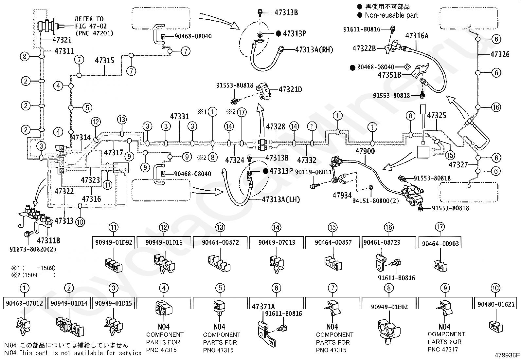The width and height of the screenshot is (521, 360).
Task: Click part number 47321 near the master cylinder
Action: click(x=62, y=40)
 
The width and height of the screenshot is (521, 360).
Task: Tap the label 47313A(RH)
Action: click(x=314, y=49)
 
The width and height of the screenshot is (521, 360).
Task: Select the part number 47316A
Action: click(x=417, y=36)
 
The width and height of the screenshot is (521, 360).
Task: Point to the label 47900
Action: click(x=365, y=151)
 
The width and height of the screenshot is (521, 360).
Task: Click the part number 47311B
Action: click(x=49, y=240)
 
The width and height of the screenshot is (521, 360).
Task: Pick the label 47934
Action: click(x=342, y=195)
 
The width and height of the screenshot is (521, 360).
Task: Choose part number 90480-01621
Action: click(x=496, y=304)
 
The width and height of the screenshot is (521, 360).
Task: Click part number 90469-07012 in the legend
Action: click(x=25, y=303)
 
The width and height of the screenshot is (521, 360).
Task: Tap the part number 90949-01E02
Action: click(x=389, y=307)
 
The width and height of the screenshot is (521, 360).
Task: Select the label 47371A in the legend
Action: click(x=263, y=307)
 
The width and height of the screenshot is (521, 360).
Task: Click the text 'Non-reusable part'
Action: click(x=391, y=15)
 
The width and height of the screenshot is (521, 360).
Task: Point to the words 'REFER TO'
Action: click(x=89, y=19)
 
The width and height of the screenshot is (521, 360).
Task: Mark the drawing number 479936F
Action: click(x=507, y=355)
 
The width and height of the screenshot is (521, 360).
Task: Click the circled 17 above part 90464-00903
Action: click(x=440, y=227)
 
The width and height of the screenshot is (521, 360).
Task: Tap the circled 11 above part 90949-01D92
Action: click(x=114, y=227)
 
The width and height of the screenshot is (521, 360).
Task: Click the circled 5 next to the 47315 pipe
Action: click(x=87, y=107)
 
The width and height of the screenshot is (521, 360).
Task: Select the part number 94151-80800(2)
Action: click(x=375, y=201)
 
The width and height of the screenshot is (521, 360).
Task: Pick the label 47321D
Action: click(x=290, y=89)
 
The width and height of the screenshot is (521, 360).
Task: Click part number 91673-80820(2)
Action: click(x=33, y=249)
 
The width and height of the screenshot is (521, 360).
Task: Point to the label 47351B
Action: click(x=389, y=75)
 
